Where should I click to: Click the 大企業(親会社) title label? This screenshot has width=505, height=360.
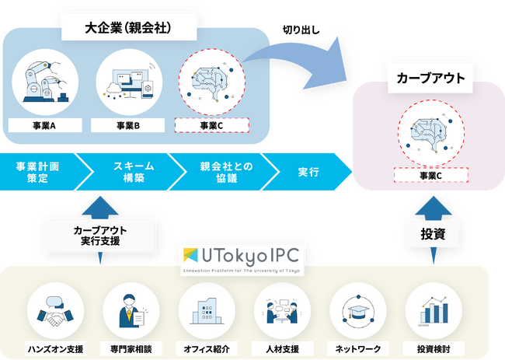(128, 29)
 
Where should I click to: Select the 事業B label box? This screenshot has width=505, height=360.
(127, 125)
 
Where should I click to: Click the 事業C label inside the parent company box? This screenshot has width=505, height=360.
(211, 125)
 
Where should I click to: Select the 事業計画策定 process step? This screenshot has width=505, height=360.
(37, 171)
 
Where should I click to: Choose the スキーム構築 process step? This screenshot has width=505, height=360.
(129, 171)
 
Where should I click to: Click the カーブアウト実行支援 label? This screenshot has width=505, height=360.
(101, 235)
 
